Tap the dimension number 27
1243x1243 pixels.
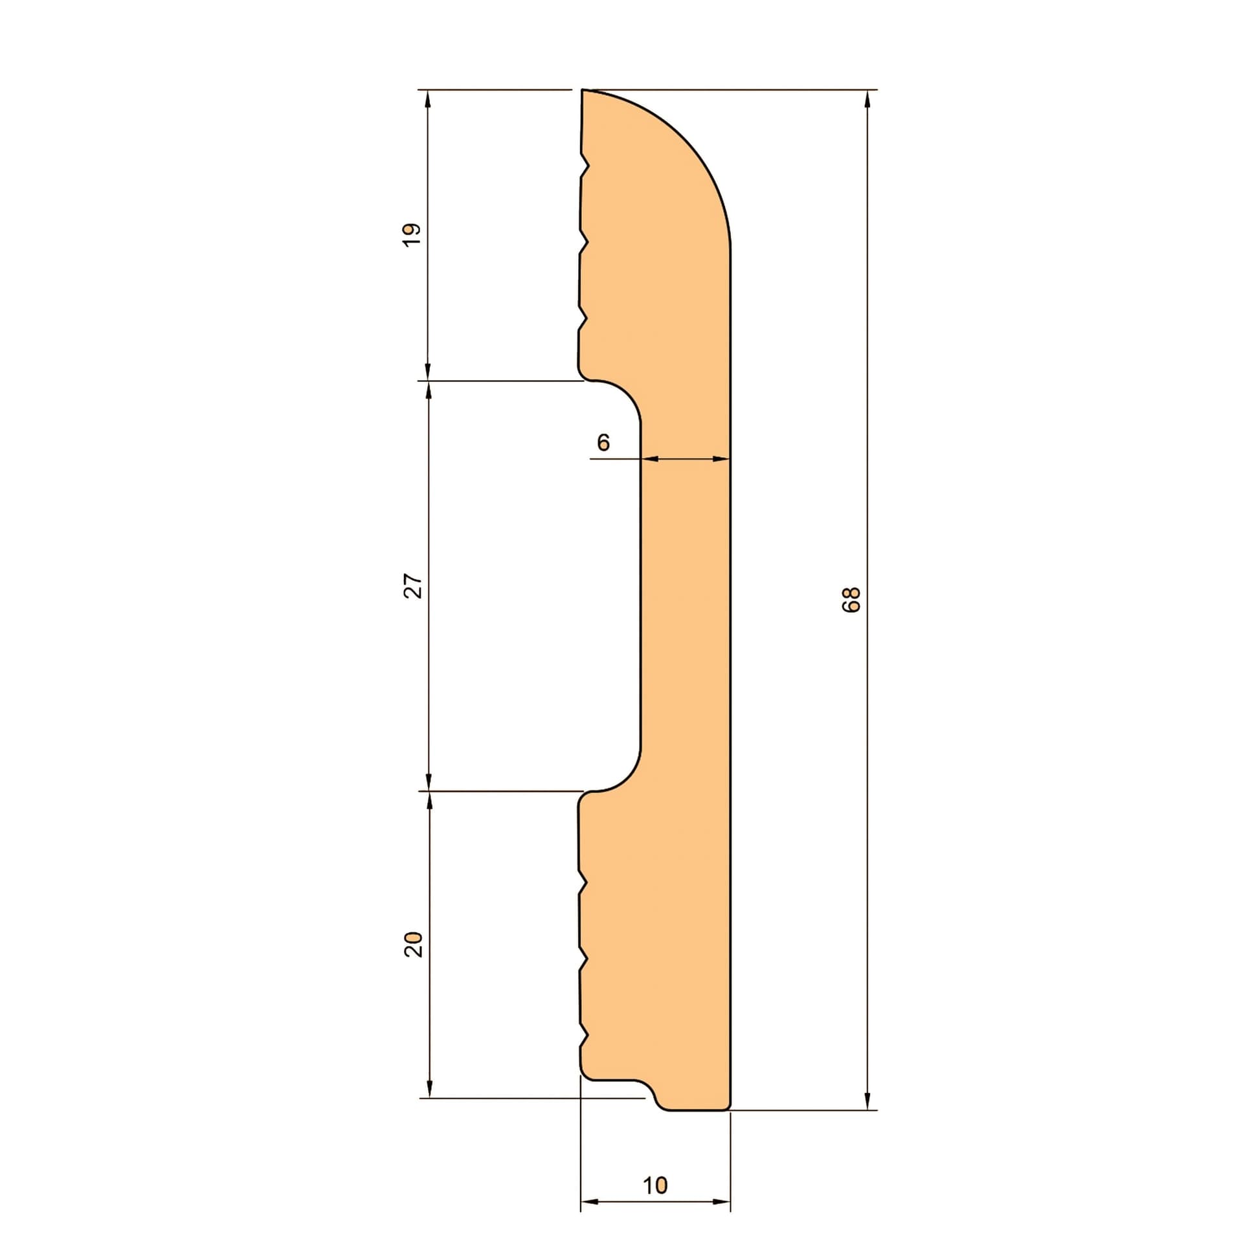pos(413,586)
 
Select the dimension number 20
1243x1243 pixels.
pos(413,945)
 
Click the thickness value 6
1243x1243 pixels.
pos(603,442)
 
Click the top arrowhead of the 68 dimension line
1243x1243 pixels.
pos(868,98)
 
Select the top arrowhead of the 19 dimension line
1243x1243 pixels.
pos(427,98)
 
